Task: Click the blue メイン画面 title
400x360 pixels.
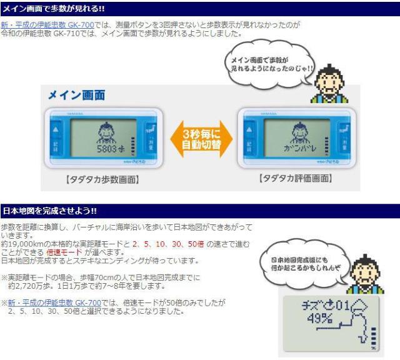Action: (77, 96)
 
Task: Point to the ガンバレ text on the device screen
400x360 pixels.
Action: (294, 151)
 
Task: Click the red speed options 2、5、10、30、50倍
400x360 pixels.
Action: (169, 242)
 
